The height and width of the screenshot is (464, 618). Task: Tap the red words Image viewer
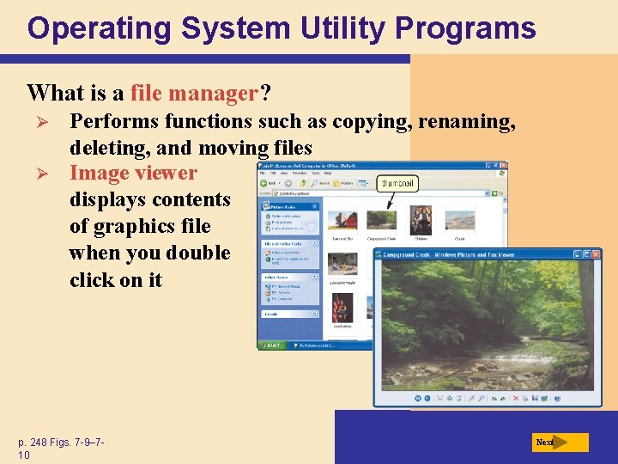click(x=133, y=173)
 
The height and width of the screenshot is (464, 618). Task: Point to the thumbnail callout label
click(x=397, y=182)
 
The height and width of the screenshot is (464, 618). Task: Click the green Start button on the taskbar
click(x=274, y=345)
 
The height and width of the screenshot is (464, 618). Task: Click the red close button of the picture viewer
click(x=597, y=254)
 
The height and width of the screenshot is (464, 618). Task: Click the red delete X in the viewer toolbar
click(x=515, y=399)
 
